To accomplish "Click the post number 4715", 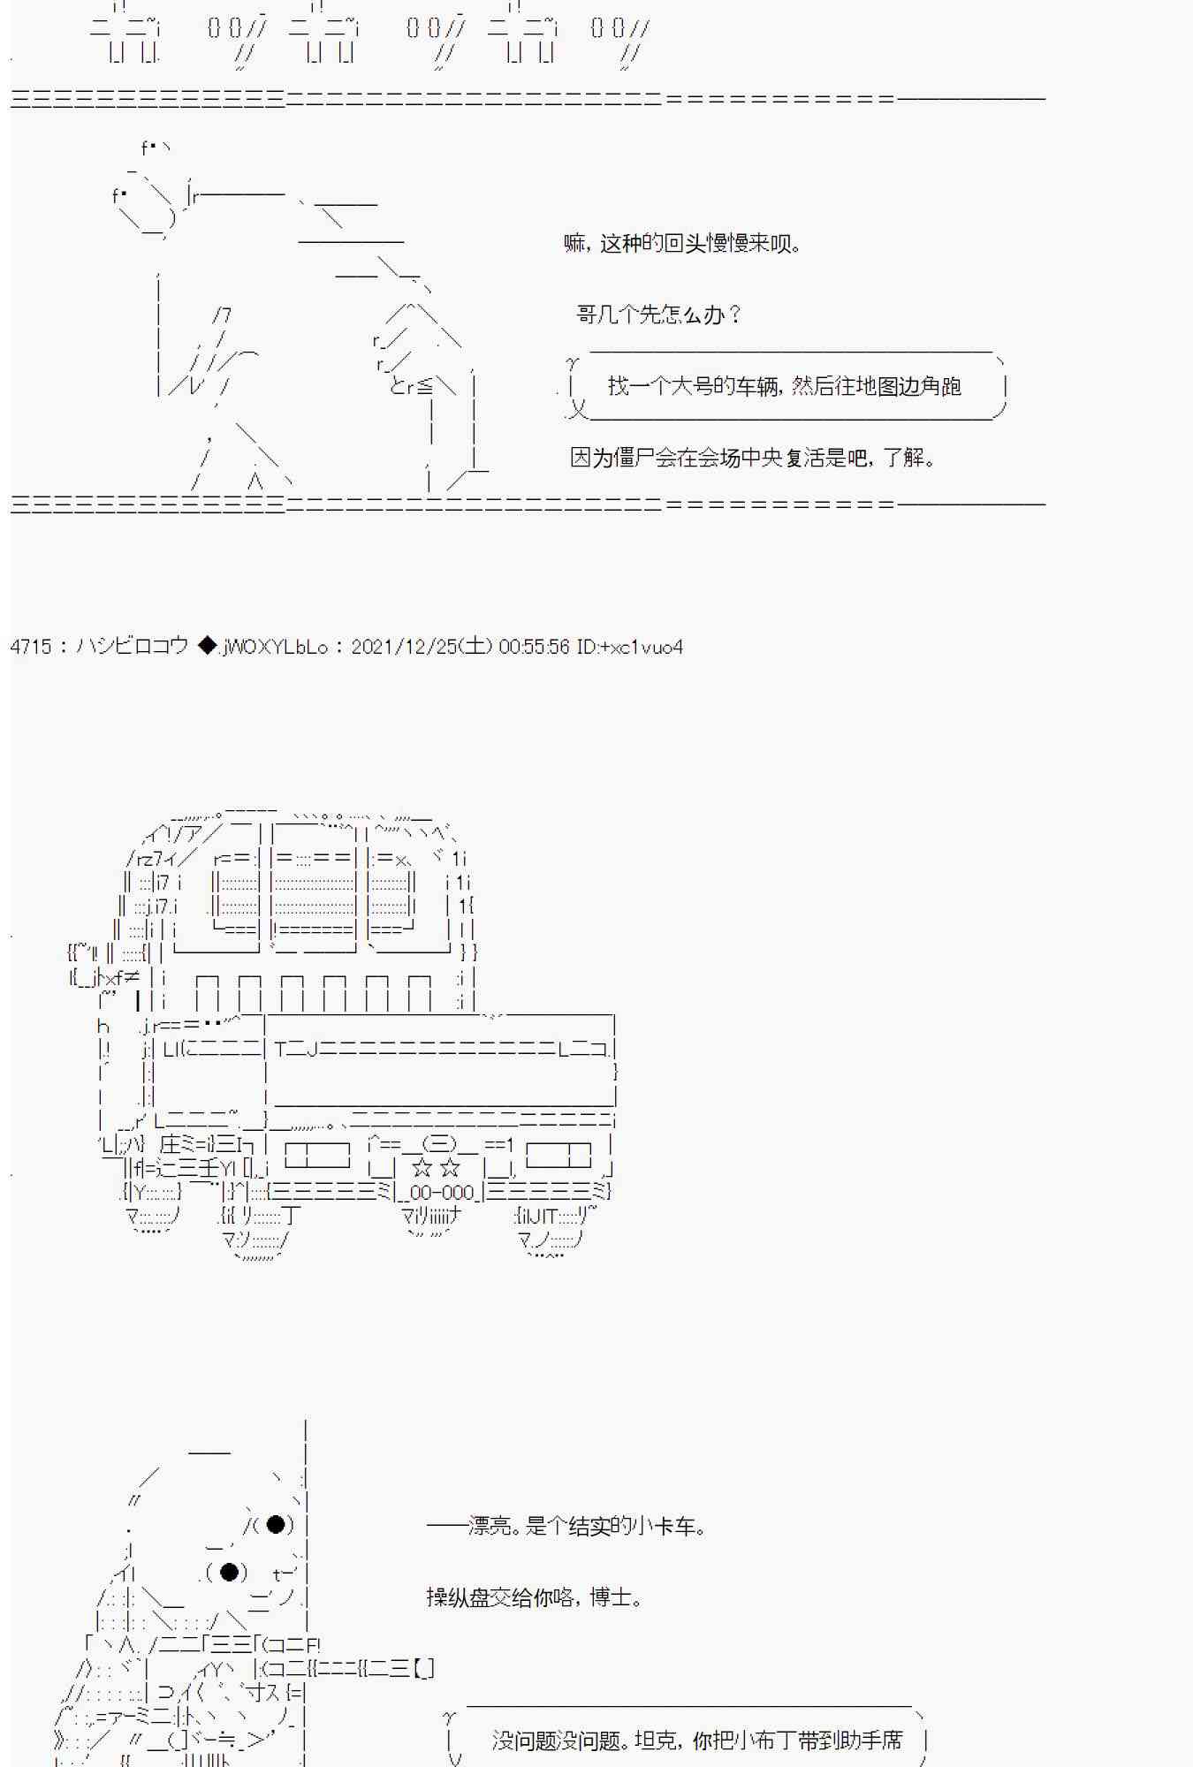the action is coord(31,647).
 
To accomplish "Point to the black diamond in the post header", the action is coord(207,646).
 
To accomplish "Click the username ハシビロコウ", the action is coord(132,646).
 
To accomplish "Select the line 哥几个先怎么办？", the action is coord(659,315).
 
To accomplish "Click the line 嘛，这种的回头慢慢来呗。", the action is coord(683,243).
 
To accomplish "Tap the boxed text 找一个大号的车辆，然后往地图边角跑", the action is coord(785,386).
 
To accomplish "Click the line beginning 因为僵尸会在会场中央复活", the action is coord(753,458).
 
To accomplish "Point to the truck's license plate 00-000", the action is coord(441,1192).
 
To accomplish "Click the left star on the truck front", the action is coord(422,1168).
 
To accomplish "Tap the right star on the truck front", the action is coord(450,1168).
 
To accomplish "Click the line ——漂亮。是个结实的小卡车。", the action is coord(566,1526).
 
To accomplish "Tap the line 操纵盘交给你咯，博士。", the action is coord(534,1597).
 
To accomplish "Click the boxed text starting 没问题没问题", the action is coord(697,1740).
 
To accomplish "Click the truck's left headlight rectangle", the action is coord(316,1156).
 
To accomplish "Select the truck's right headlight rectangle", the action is coord(559,1156).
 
